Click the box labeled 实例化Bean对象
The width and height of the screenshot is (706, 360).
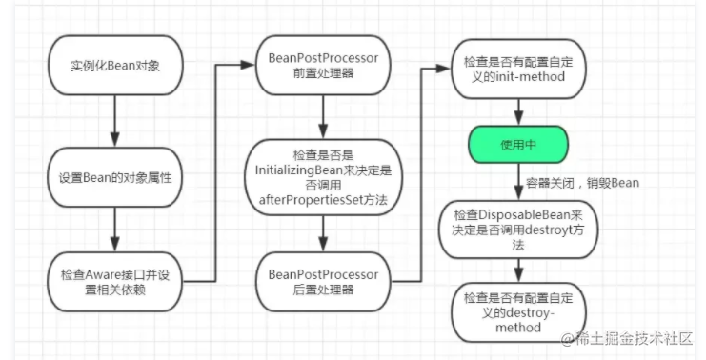coord(115,66)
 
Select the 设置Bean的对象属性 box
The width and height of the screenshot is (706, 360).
coord(115,177)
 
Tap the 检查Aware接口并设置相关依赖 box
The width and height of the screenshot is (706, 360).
coord(115,282)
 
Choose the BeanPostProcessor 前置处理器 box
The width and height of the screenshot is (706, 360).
coord(323,66)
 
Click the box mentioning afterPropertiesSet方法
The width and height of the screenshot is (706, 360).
coord(323,177)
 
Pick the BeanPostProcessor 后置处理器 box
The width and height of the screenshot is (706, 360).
coord(323,282)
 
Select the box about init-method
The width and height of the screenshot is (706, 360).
coord(518,69)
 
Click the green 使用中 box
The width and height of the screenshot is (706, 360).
coord(518,145)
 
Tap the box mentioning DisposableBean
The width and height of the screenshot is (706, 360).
coord(518,230)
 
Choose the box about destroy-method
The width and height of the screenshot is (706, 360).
coord(518,312)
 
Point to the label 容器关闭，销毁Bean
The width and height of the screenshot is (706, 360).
coord(583,183)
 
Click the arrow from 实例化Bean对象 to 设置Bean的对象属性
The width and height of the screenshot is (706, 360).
coord(115,121)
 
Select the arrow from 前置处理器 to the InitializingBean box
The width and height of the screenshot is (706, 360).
coord(323,117)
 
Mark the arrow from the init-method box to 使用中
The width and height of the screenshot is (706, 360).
coord(518,112)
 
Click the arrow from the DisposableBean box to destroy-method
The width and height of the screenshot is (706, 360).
coord(518,270)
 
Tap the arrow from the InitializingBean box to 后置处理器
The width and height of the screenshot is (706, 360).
coord(323,233)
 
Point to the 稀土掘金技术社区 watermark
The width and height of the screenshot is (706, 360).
coord(626,338)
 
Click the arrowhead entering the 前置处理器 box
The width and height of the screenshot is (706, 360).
coord(249,65)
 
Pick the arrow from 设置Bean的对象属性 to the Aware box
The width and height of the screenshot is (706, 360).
coord(115,230)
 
